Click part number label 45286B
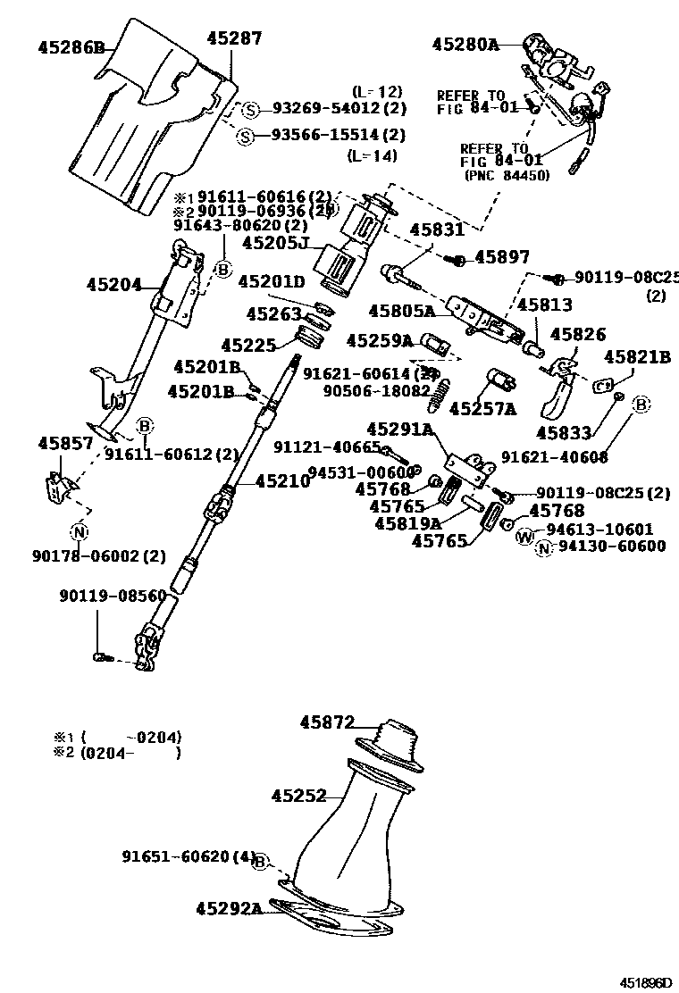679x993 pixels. (71, 47)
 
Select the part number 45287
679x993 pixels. (234, 38)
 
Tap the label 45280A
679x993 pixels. (465, 43)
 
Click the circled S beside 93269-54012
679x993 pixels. (251, 110)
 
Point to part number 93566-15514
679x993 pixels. (326, 136)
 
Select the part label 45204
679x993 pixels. (114, 286)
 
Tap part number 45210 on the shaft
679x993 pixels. (282, 480)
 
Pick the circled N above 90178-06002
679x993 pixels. (79, 533)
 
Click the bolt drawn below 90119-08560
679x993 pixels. (100, 658)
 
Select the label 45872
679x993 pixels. (327, 722)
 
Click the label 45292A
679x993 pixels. (230, 909)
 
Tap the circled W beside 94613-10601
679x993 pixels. (524, 536)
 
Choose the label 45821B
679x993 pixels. (637, 357)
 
